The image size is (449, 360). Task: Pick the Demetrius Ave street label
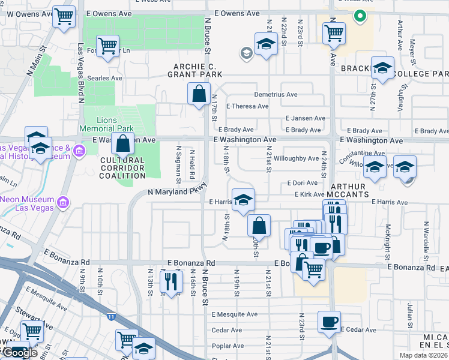(276, 94)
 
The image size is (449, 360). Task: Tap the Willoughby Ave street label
(297, 158)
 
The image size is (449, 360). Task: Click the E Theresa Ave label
(247, 106)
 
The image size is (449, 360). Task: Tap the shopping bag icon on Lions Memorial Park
(122, 144)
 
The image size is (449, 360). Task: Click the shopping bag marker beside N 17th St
(198, 94)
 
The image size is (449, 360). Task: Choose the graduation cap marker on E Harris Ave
(243, 200)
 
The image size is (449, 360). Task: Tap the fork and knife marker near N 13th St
(171, 280)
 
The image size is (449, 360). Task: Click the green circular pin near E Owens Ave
(360, 16)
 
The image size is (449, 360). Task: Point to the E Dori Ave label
(301, 182)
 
